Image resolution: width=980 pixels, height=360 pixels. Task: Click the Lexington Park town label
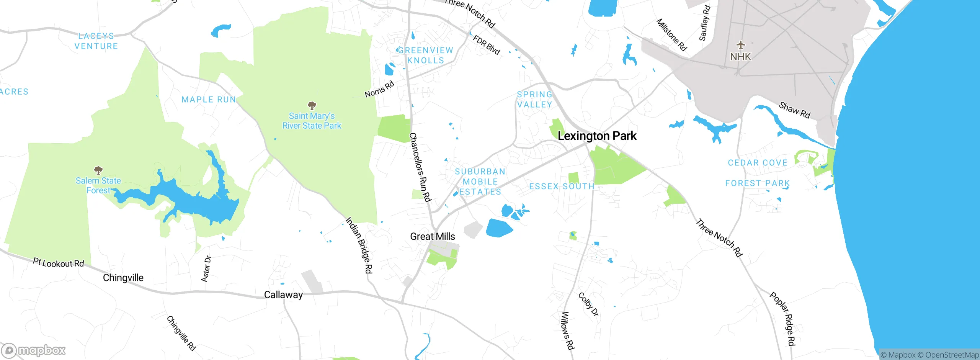click(597, 136)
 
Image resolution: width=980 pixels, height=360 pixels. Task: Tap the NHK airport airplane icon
click(741, 45)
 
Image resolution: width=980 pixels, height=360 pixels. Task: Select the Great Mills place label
click(433, 237)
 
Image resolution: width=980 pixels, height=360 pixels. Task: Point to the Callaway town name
click(283, 295)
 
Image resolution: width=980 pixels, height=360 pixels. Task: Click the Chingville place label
click(123, 278)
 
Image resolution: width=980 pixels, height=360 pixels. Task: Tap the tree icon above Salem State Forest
click(98, 170)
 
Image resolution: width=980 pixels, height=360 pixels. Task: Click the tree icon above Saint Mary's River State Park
click(312, 105)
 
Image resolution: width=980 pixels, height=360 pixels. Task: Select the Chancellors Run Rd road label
click(420, 167)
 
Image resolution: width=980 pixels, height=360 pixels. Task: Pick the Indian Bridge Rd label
click(359, 245)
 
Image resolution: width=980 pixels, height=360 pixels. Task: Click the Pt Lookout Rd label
click(58, 263)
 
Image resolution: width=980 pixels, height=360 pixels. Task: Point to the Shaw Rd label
click(795, 110)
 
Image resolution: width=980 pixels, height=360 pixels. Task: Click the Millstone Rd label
click(672, 35)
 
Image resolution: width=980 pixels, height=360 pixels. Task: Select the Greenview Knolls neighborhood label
click(425, 56)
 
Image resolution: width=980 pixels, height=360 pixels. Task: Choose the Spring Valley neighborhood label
click(534, 100)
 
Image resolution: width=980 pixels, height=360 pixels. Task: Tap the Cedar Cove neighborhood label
click(758, 163)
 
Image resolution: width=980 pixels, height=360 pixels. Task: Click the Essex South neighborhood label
click(561, 187)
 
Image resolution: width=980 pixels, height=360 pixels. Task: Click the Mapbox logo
click(34, 350)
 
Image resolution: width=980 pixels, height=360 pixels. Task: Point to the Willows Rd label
click(567, 331)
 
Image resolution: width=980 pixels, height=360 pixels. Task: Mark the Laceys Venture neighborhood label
click(96, 41)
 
